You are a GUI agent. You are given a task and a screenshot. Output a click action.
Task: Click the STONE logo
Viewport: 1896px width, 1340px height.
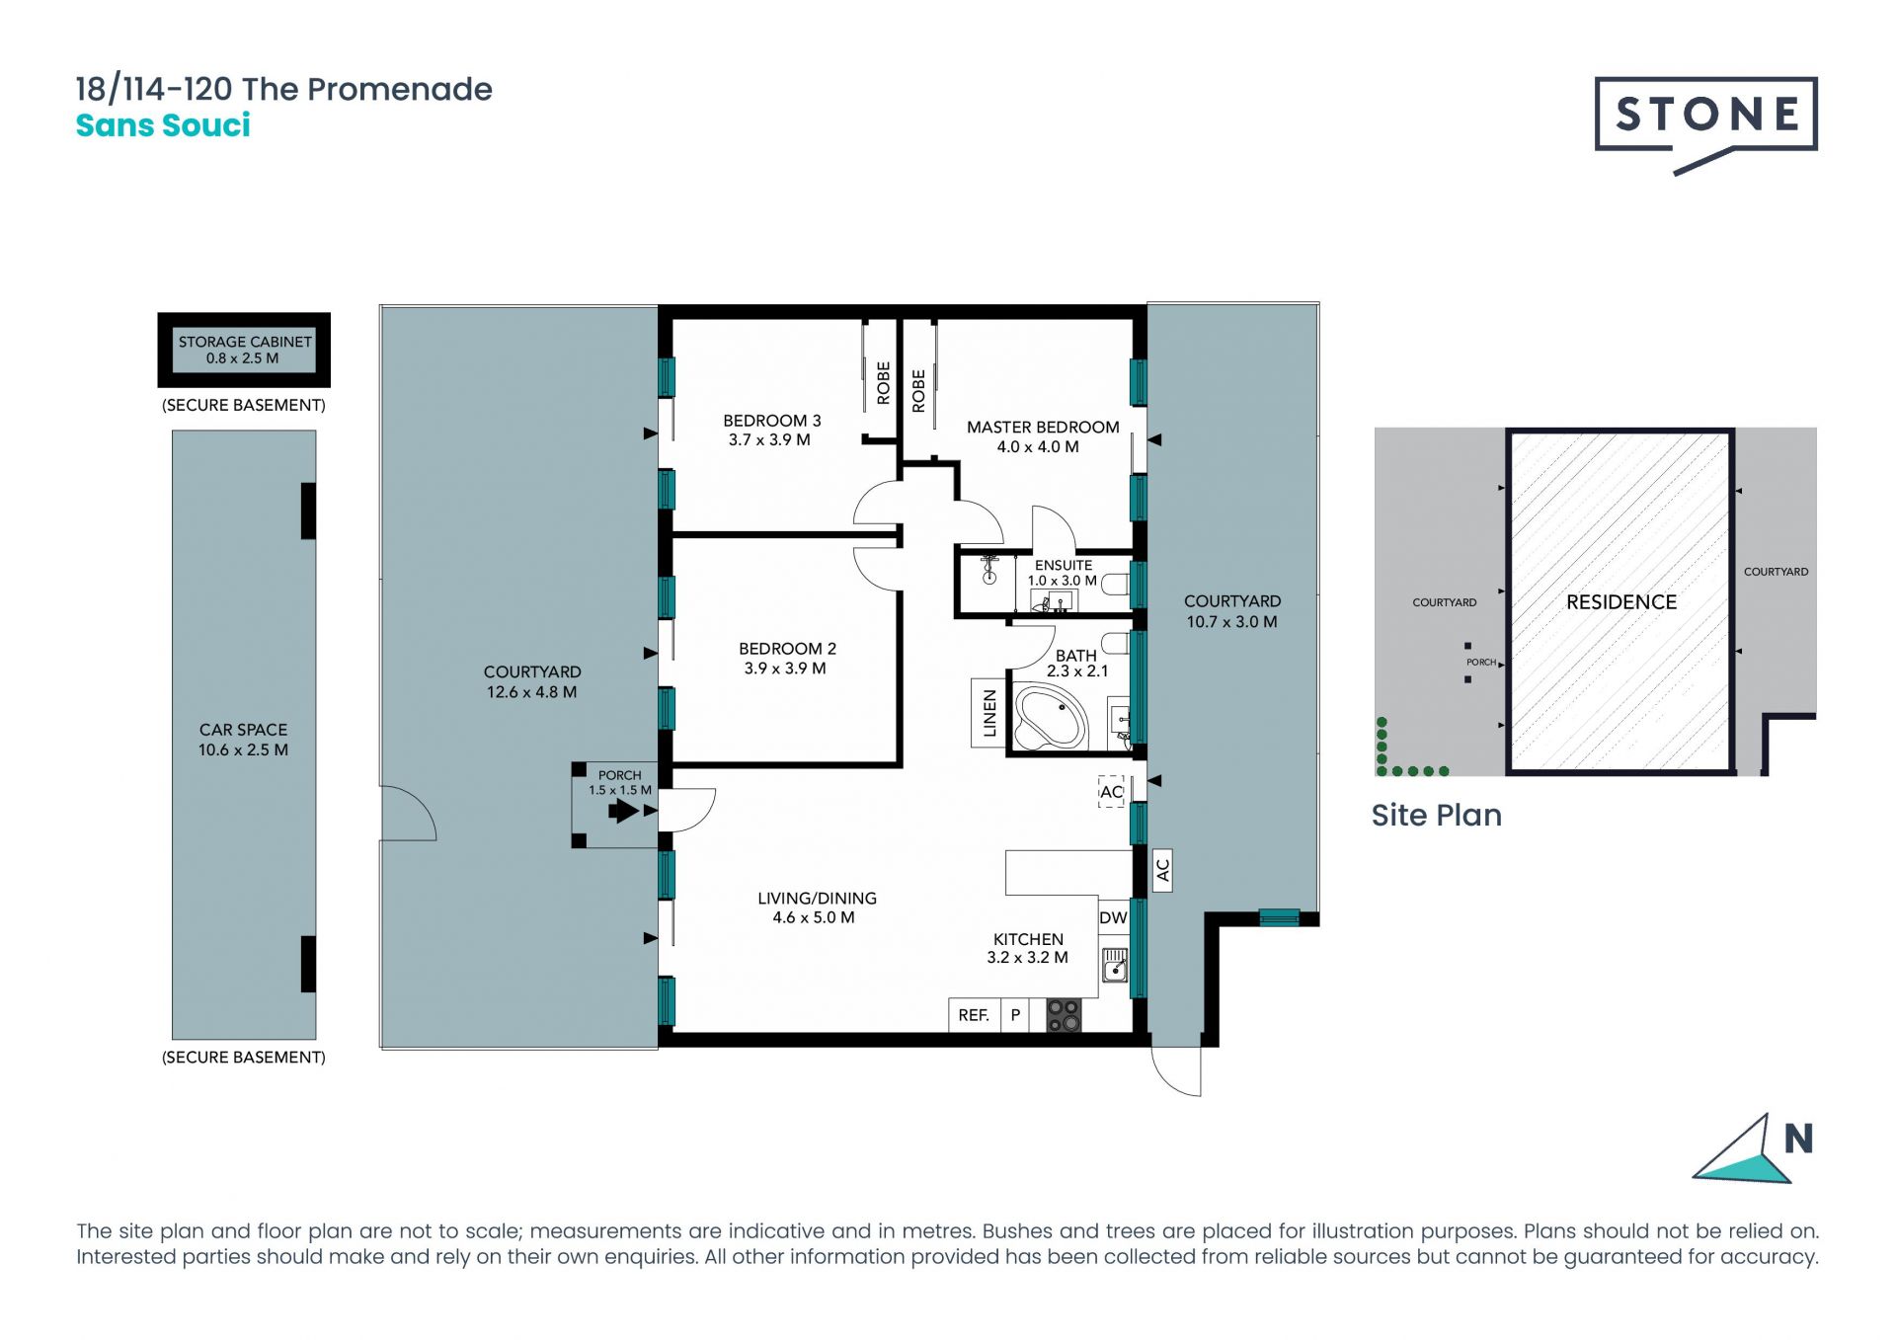(1705, 124)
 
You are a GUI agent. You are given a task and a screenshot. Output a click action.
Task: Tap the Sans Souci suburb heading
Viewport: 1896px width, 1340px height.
(163, 125)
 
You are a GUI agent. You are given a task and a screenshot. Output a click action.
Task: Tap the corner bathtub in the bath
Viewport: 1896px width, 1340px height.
(1053, 719)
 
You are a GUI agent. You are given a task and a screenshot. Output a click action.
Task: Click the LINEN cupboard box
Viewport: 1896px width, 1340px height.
(989, 712)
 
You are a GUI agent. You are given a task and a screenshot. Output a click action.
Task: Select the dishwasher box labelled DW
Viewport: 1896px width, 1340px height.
(1114, 917)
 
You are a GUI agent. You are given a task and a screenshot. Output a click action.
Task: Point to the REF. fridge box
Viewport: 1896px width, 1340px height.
(975, 1015)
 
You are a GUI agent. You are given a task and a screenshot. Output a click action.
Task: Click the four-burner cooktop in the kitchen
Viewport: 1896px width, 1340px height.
(1064, 1015)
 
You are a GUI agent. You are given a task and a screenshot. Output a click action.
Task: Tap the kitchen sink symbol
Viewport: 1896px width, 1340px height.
(1115, 964)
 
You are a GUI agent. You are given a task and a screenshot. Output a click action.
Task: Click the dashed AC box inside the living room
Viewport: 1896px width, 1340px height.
(1111, 792)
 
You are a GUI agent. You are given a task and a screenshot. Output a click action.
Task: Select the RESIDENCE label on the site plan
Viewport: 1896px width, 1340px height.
(1621, 601)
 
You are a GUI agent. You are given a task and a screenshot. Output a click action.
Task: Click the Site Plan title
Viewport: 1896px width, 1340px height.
(1437, 815)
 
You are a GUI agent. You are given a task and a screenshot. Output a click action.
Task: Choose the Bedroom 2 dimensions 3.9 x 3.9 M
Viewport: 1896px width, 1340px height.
(785, 669)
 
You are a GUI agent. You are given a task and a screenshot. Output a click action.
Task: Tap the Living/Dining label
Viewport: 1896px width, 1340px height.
(817, 898)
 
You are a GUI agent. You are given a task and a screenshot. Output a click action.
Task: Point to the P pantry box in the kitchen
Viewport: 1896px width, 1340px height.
(1015, 1015)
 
